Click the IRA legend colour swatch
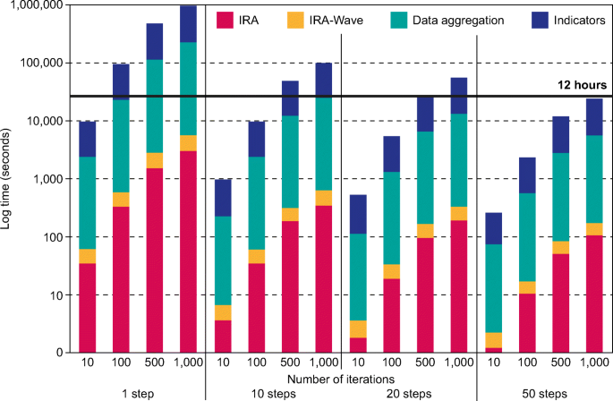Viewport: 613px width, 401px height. (x=227, y=19)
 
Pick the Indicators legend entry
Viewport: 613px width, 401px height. (x=565, y=19)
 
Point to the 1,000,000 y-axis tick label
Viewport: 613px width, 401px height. (x=38, y=5)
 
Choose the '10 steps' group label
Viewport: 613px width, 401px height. (x=274, y=393)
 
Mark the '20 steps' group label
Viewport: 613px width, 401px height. (x=408, y=393)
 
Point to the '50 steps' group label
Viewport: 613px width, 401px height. (x=543, y=393)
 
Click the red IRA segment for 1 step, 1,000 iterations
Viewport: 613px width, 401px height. (x=189, y=251)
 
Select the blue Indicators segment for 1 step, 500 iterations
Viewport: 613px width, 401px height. (x=155, y=41)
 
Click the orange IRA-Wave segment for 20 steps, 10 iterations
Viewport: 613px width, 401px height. (x=358, y=328)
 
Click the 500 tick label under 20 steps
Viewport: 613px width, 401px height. (x=425, y=363)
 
